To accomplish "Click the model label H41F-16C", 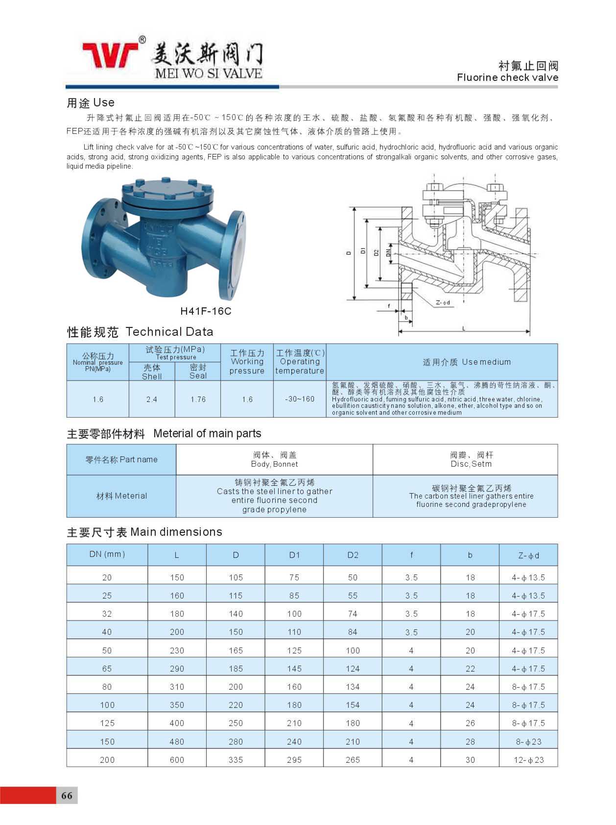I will coord(206,311).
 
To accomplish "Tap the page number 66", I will coord(67,796).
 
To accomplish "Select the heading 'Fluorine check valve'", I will coord(507,77).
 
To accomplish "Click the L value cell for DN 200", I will coord(177,760).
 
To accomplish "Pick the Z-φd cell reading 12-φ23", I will coord(528,760).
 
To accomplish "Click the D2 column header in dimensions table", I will coord(353,555).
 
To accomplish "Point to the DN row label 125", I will coord(107,723).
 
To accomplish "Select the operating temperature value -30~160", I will coord(300,399).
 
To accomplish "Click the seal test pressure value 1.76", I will coord(198,399).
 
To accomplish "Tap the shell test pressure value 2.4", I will coord(152,399).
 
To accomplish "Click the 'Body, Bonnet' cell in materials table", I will coord(274,459).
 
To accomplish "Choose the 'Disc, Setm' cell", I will coord(471,459).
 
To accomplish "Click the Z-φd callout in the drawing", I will coord(443,302).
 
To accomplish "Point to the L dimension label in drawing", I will coord(464,328).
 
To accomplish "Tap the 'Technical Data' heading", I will coord(169,332).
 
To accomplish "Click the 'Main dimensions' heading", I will coord(176,532).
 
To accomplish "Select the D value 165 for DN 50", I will coord(236,650).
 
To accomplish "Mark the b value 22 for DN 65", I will coord(470,669).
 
